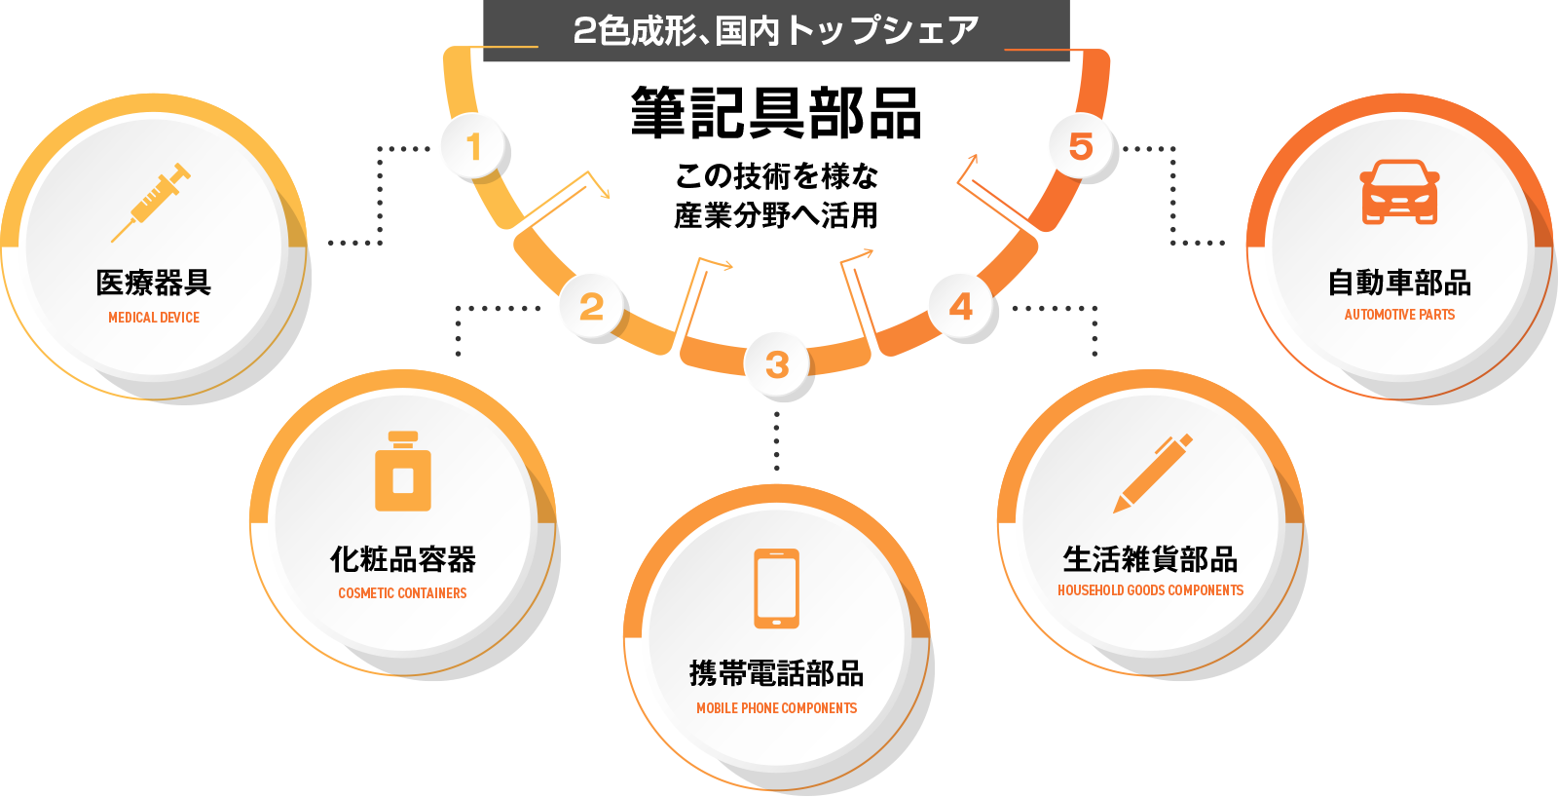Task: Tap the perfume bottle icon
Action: (403, 472)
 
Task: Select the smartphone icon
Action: (777, 588)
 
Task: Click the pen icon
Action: (1153, 474)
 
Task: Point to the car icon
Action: (1399, 192)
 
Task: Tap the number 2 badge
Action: (591, 306)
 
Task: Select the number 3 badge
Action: (777, 364)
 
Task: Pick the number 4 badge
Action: (961, 306)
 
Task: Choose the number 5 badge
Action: (1081, 146)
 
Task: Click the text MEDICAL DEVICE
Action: (154, 318)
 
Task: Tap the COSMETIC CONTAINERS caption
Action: (403, 593)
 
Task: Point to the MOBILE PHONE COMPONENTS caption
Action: (777, 708)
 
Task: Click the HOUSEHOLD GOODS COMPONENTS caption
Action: (1150, 590)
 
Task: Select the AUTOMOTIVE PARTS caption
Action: (1399, 315)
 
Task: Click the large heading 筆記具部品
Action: (776, 113)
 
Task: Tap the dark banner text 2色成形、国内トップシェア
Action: (776, 30)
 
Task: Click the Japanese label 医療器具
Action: (154, 283)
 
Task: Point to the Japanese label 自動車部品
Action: (1399, 283)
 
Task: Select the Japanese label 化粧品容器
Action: (403, 559)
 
